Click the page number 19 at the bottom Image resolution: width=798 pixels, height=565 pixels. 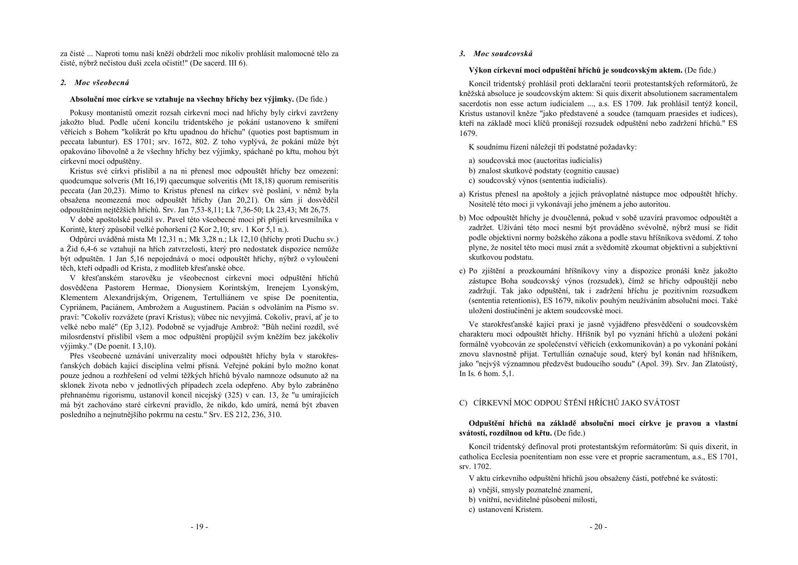click(199, 527)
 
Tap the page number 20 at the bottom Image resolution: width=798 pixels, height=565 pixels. click(598, 527)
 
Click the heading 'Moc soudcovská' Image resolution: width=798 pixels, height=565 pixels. click(503, 54)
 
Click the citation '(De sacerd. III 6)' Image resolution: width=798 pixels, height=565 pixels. click(218, 63)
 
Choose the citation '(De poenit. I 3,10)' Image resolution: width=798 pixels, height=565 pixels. click(125, 346)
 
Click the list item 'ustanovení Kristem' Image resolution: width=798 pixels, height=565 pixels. click(510, 510)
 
